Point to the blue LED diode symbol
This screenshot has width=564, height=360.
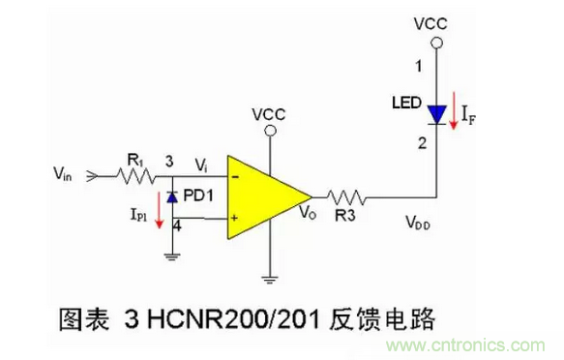click(437, 112)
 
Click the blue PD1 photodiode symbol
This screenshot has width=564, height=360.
click(172, 197)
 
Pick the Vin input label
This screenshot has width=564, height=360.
click(68, 175)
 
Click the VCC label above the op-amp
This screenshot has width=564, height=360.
click(268, 114)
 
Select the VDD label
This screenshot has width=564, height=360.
click(420, 224)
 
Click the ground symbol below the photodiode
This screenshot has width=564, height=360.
click(172, 255)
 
